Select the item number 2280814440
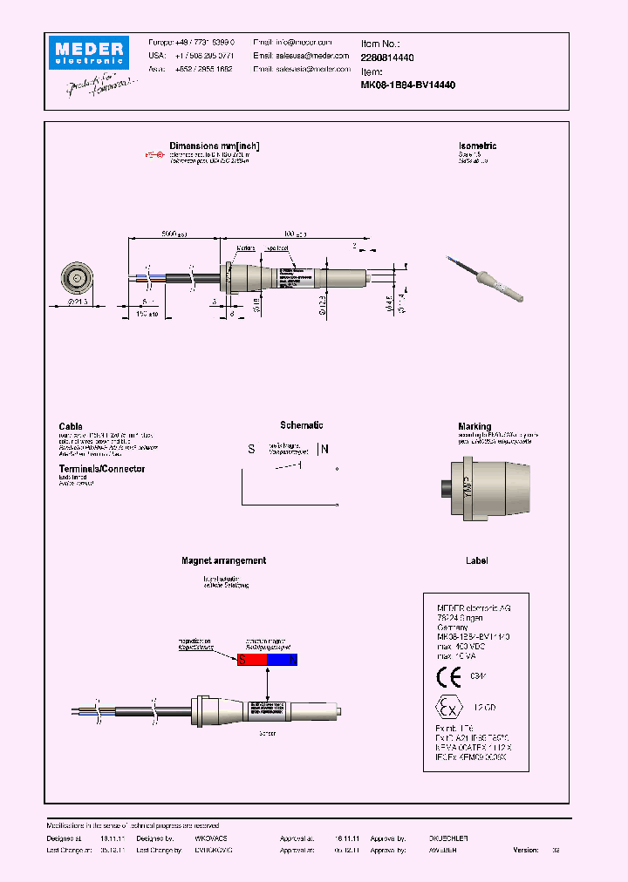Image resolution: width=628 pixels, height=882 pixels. (x=387, y=56)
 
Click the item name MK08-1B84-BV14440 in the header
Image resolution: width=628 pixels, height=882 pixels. (x=408, y=85)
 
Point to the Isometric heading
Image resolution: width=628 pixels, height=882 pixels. (x=477, y=146)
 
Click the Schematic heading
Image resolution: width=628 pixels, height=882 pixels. (x=301, y=425)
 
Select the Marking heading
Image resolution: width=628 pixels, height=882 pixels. (x=474, y=426)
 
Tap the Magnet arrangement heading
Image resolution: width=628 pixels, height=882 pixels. (x=223, y=560)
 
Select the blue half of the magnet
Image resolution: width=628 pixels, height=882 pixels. (x=282, y=661)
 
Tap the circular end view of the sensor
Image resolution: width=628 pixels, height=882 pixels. (x=77, y=279)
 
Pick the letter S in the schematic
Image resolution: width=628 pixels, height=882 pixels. (x=251, y=450)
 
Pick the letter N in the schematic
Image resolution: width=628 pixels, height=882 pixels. (x=325, y=450)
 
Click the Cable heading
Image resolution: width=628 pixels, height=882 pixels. (x=71, y=426)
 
